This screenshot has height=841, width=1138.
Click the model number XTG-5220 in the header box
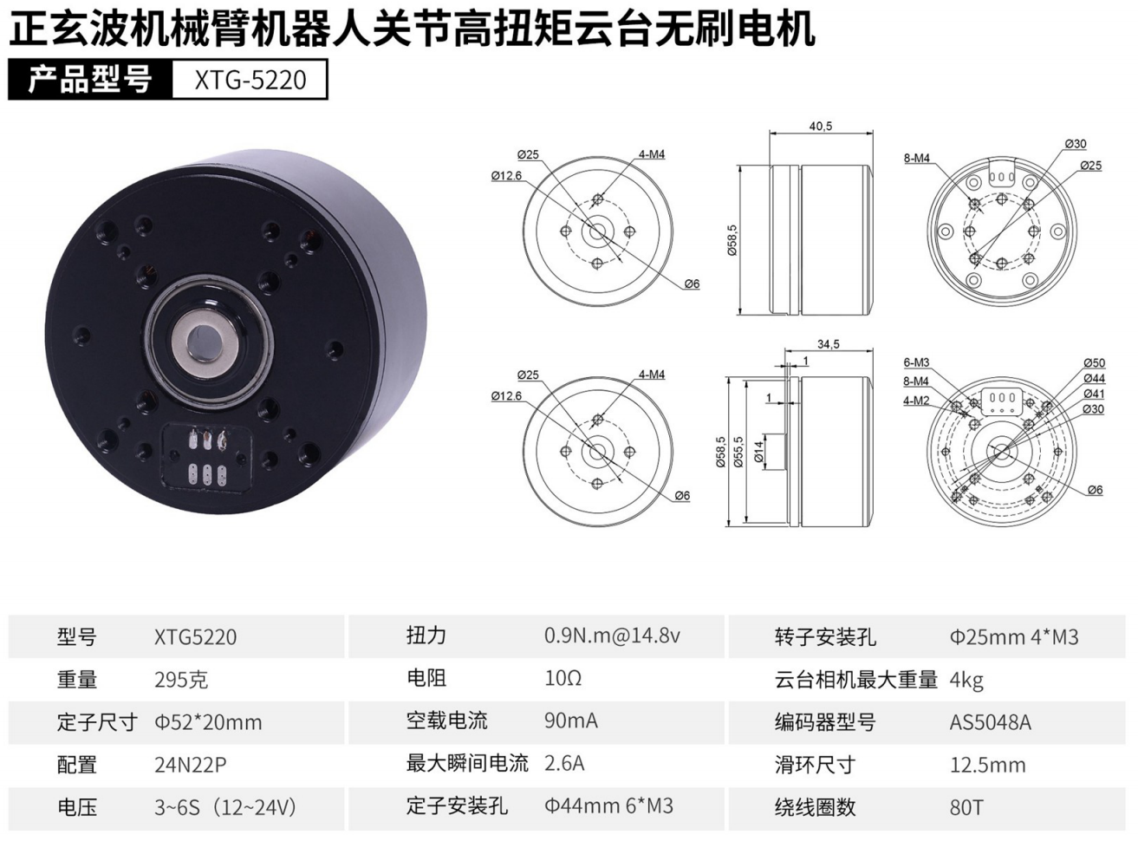coord(250,80)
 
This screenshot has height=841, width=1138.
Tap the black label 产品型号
coord(90,79)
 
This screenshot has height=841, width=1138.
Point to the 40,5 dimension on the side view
coord(821,127)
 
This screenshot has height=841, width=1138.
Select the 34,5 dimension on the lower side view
coord(828,344)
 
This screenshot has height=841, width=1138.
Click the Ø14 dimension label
coord(758,451)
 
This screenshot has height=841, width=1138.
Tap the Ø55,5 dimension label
coord(738,452)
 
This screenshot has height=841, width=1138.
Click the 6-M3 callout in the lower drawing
coord(916,362)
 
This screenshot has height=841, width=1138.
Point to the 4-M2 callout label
coord(916,400)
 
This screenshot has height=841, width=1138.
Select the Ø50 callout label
coord(1094,362)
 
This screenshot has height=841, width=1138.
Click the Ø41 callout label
coord(1094,394)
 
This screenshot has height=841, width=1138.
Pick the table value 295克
coord(181,680)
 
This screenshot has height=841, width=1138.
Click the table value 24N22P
coord(191,765)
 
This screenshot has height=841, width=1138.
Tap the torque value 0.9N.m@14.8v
coord(612,636)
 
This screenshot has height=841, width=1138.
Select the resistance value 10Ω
coord(562,678)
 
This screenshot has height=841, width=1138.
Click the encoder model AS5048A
coord(990,722)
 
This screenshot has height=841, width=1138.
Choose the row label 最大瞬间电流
coord(467,764)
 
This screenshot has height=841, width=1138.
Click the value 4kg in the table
coord(966,681)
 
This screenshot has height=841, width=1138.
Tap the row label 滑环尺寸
coord(815,765)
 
